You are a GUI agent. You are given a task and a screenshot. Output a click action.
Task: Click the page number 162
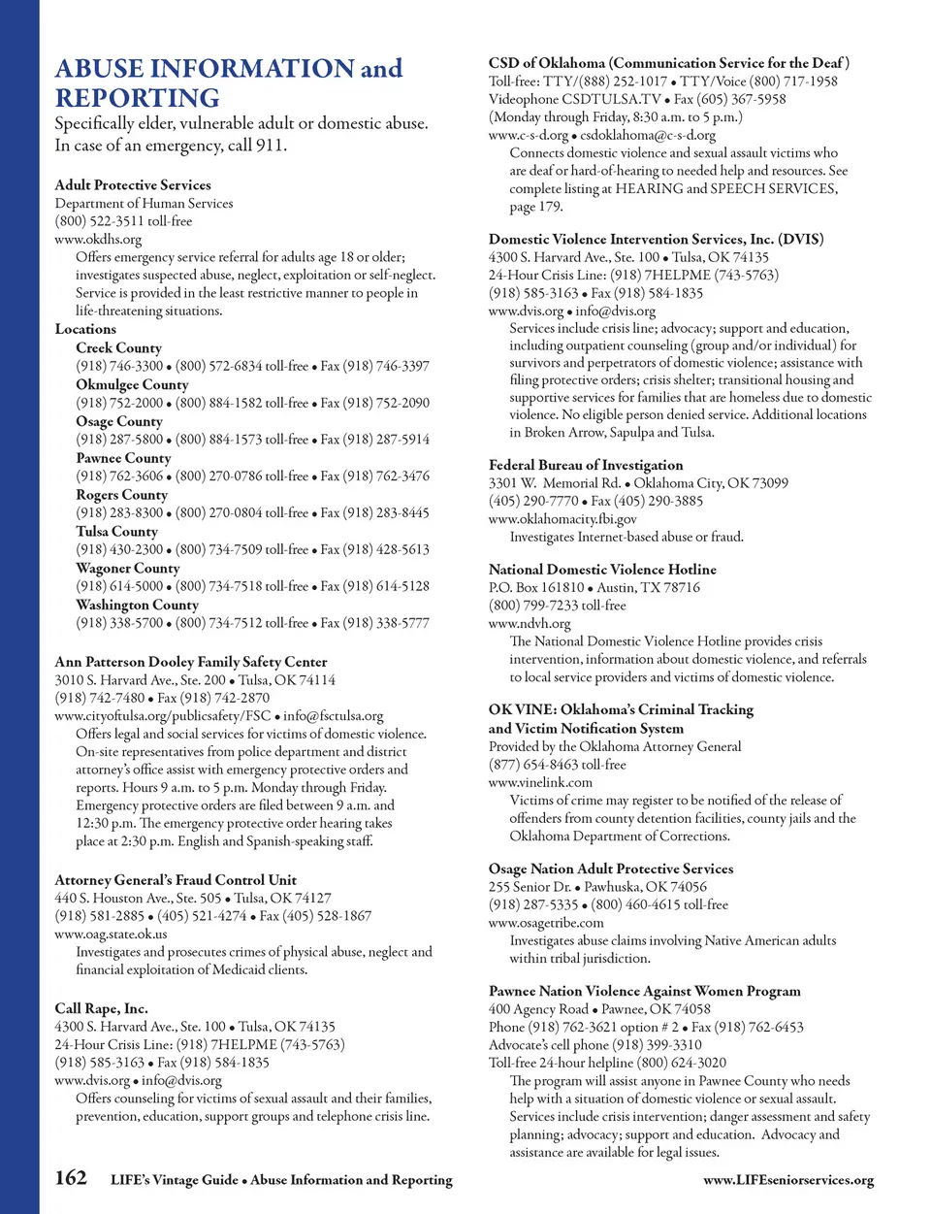point(71,1178)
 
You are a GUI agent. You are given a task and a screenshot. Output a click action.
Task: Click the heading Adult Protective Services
point(133,184)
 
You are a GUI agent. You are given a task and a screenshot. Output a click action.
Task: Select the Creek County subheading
point(119,347)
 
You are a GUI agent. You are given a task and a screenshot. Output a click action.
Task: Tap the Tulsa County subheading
point(116,531)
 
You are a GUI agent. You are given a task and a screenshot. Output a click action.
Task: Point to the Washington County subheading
point(137,605)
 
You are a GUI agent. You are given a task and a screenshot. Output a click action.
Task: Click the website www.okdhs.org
point(98,239)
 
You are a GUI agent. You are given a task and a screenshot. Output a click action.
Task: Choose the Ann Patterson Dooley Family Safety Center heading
point(191,662)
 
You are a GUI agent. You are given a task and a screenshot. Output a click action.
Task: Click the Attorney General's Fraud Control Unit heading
point(176,879)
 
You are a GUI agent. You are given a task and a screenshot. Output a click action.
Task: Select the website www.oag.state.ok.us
point(111,934)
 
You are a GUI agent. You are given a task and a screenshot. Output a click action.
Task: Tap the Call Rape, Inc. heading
point(101,1007)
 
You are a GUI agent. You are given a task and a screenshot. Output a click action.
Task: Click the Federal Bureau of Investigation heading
point(586,465)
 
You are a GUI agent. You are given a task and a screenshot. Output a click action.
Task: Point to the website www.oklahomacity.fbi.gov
point(562,519)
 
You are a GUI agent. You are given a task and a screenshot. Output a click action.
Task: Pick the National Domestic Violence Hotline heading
point(602,570)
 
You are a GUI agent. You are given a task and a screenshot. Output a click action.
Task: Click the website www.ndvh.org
point(530,623)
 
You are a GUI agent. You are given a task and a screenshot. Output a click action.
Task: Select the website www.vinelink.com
point(540,782)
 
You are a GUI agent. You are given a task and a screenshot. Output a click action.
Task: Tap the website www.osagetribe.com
point(546,923)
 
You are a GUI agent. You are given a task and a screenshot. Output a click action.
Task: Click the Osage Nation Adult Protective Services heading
point(611,869)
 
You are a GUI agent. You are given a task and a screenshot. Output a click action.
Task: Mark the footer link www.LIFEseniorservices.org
point(788,1180)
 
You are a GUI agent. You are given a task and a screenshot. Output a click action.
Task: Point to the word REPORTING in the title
point(138,98)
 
